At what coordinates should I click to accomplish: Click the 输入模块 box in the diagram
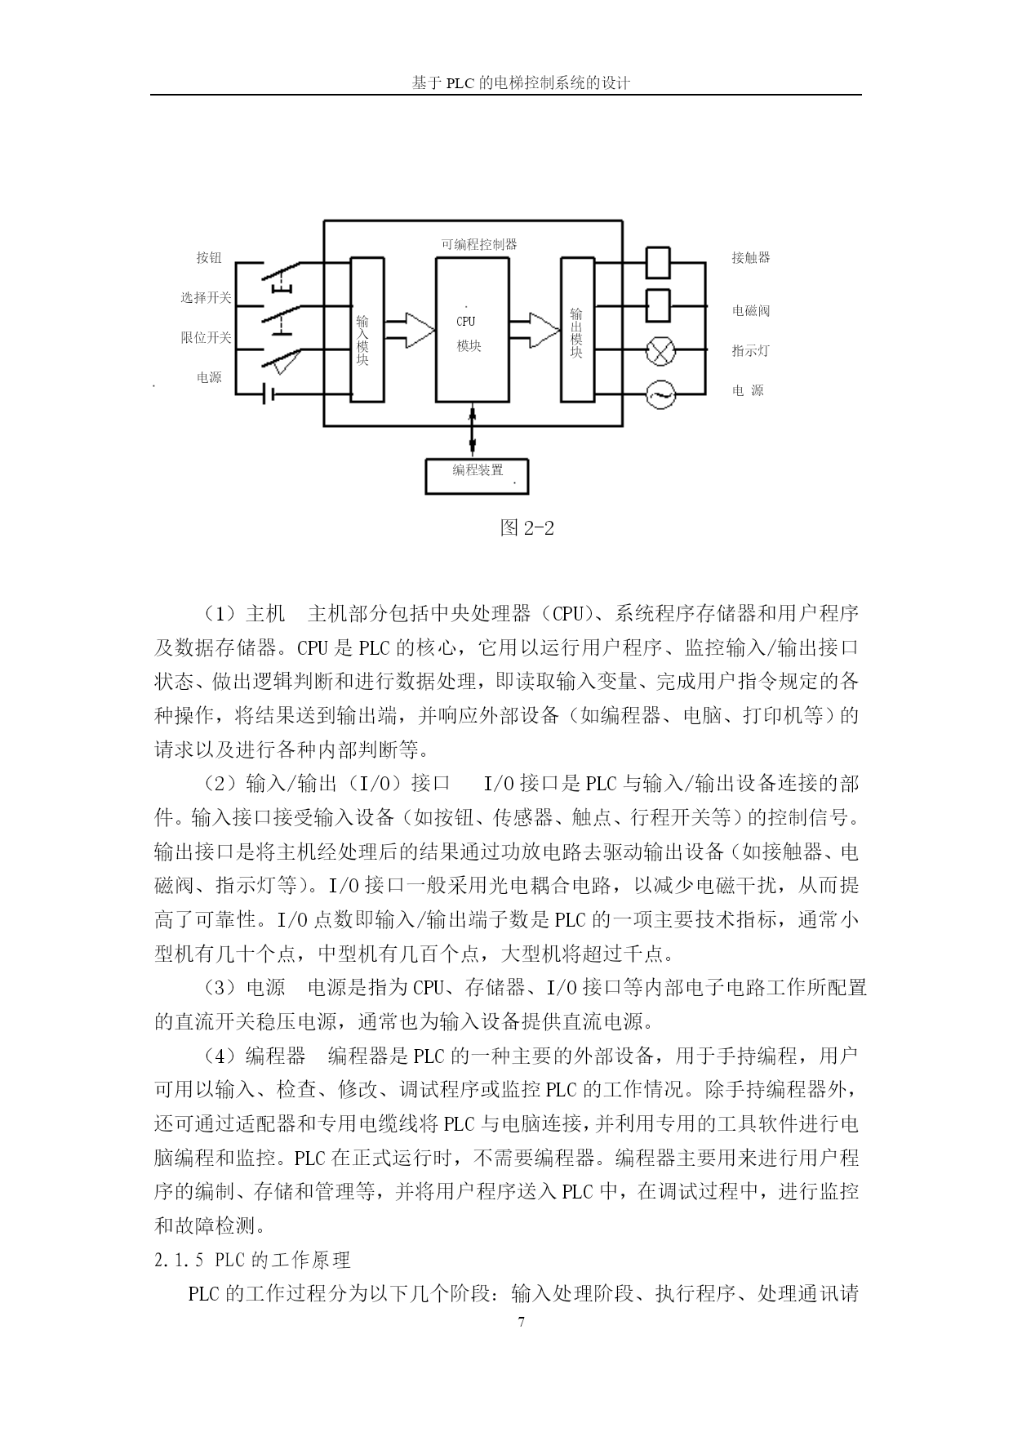point(367,329)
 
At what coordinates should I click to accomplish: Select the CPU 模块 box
point(473,329)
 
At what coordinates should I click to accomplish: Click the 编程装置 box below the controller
point(477,476)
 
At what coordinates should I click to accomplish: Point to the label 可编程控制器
point(479,244)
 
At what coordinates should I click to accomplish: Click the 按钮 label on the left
point(209,257)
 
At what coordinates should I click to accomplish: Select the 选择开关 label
point(207,298)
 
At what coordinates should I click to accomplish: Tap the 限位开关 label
point(207,337)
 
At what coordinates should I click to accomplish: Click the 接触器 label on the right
point(751,257)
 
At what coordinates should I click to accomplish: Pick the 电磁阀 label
point(751,310)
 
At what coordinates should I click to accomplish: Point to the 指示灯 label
point(751,351)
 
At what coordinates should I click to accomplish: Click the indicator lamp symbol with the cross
point(660,352)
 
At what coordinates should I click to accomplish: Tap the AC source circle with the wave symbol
point(660,395)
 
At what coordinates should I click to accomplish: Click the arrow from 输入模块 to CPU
point(409,328)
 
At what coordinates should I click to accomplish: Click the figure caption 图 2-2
point(527,528)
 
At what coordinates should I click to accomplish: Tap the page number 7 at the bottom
point(521,1323)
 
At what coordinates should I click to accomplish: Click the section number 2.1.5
point(180,1261)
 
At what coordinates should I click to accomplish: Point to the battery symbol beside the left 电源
point(269,395)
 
